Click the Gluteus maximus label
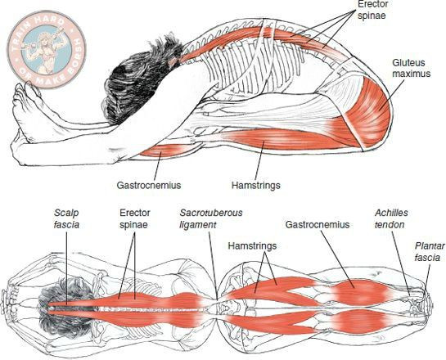412,68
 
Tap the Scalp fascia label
66,218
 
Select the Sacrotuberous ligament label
211,218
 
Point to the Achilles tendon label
391,218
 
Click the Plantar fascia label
430,252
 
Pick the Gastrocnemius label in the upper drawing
149,186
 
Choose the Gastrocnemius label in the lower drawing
318,224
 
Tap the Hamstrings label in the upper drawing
255,186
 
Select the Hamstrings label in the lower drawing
252,245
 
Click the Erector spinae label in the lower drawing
135,218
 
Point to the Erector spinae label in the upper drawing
372,9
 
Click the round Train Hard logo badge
47,49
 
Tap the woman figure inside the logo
46,51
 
